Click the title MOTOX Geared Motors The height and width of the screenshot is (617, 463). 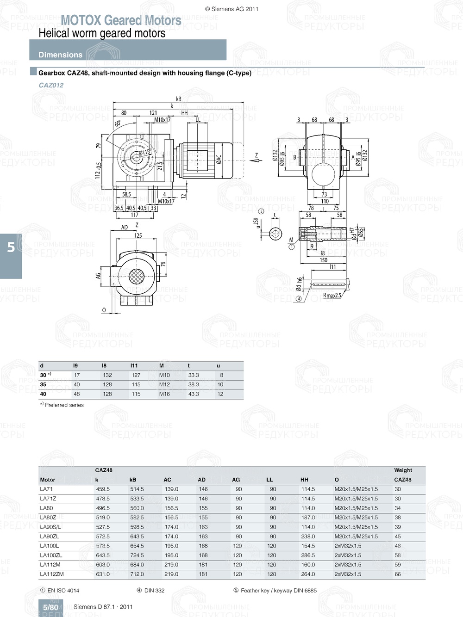click(x=121, y=20)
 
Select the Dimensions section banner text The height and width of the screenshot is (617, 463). click(x=60, y=55)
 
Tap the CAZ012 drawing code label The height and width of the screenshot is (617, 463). click(x=51, y=85)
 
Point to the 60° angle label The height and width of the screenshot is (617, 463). click(x=118, y=123)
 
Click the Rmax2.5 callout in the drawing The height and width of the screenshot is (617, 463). click(x=332, y=296)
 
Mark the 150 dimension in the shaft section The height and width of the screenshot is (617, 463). click(x=323, y=260)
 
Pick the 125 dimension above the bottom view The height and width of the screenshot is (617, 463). click(x=138, y=235)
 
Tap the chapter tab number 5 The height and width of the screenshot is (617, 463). click(x=11, y=247)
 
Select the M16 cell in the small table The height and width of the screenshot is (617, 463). click(x=164, y=394)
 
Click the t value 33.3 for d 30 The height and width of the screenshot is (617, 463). click(x=194, y=375)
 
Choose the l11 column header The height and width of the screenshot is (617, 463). click(x=134, y=365)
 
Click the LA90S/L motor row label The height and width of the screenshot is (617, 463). click(x=50, y=527)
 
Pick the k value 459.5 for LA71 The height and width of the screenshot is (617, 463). click(x=103, y=489)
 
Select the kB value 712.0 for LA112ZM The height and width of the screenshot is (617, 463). click(x=137, y=574)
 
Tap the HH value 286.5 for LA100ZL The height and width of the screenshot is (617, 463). click(x=308, y=555)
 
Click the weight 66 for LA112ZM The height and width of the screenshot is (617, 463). click(x=398, y=574)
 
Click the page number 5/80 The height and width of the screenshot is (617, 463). click(x=50, y=607)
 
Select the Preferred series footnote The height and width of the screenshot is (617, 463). click(x=64, y=405)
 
